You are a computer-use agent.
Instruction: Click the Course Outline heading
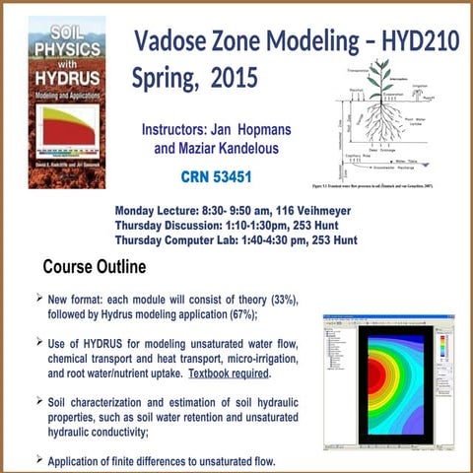point(94,267)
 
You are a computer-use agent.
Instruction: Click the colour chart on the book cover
point(67,127)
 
